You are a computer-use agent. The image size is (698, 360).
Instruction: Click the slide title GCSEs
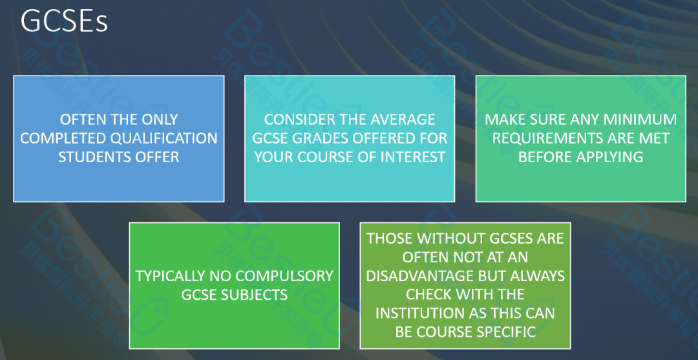point(64,21)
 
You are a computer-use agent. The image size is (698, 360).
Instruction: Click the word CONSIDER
point(295,120)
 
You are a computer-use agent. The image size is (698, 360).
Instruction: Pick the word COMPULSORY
point(283,276)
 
